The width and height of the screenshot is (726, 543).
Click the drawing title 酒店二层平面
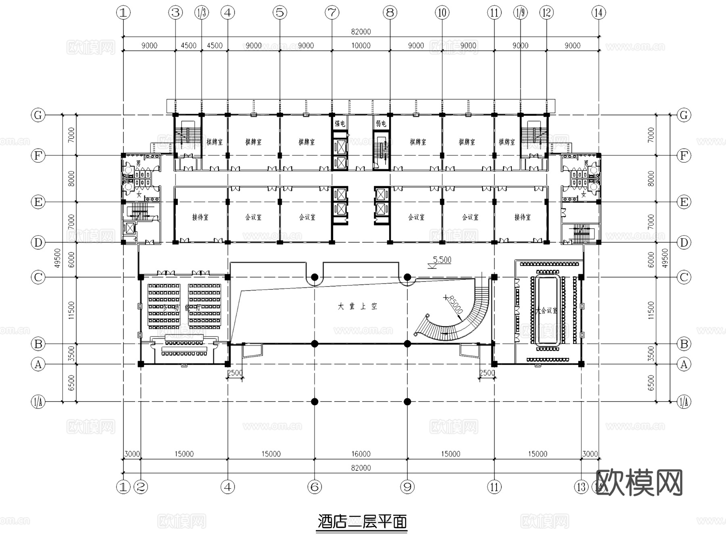362,522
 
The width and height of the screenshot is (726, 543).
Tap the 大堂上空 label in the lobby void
358,306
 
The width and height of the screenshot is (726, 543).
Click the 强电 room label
340,124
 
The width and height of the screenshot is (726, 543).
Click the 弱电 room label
381,124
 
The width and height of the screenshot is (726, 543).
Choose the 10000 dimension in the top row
361,46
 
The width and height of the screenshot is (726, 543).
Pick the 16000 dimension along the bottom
361,454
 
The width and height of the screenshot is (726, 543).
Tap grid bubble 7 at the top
332,12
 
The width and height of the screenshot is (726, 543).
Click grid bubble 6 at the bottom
315,487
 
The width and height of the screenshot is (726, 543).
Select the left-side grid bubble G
38,115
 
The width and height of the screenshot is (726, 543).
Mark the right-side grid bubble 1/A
684,402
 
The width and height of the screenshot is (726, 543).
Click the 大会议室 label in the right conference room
547,311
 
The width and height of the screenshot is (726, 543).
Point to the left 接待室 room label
200,217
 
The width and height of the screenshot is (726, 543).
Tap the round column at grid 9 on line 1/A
407,402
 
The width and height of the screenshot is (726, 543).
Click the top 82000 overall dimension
361,32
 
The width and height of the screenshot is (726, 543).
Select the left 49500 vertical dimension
57,258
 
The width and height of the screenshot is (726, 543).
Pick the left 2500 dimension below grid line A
235,373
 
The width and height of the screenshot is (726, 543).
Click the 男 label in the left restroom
138,163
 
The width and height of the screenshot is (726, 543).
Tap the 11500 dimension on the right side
651,310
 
